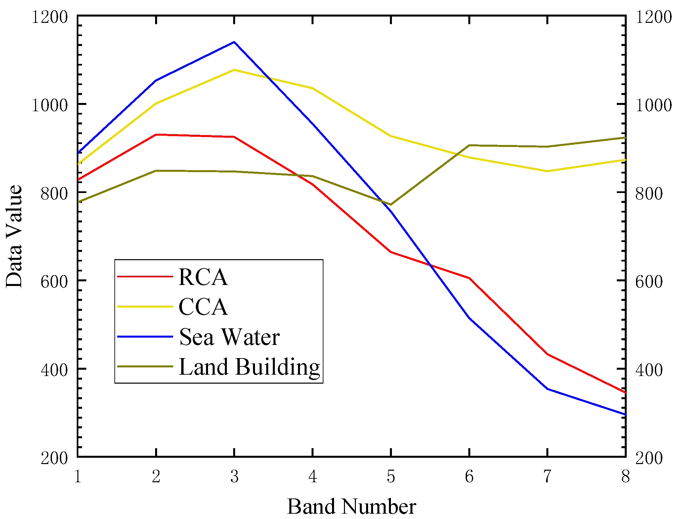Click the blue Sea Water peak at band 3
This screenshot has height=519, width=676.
tap(234, 42)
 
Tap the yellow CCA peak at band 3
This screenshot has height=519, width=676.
tap(234, 70)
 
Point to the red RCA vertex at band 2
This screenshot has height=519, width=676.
tap(156, 135)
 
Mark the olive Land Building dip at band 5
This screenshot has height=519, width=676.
tap(391, 205)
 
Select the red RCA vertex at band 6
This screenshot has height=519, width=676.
tap(469, 278)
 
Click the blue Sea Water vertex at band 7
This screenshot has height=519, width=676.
tap(548, 389)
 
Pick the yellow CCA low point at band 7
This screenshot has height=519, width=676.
tap(548, 171)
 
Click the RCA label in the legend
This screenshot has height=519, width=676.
tap(203, 277)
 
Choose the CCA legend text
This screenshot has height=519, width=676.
tap(203, 307)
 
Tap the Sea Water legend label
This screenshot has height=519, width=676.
tap(230, 337)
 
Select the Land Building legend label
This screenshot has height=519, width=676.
tap(249, 367)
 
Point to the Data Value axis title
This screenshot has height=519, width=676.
tap(14, 236)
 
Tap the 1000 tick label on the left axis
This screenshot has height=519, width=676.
tap(49, 106)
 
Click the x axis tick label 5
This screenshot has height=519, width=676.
tap(391, 477)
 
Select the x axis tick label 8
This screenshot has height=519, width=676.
tap(625, 477)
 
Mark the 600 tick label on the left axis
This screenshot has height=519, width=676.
tap(54, 282)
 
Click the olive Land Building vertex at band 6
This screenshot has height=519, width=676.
tap(469, 145)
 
